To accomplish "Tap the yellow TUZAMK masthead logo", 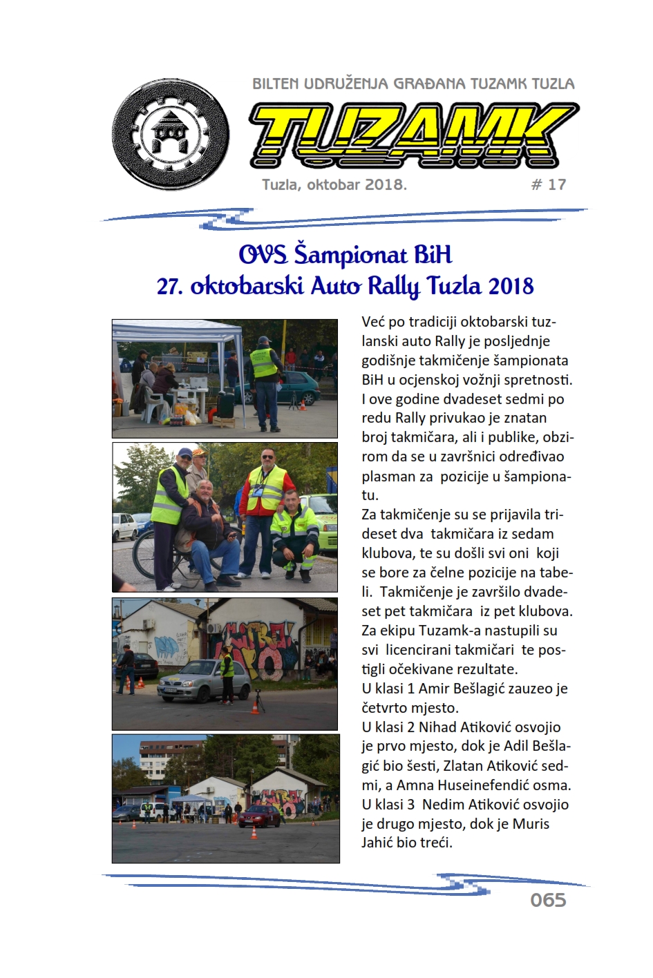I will click(x=413, y=135).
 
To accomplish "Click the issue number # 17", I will click(x=549, y=184).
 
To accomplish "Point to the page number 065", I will click(x=548, y=900).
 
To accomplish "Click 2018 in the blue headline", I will click(x=511, y=285).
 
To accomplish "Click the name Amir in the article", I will click(x=434, y=689).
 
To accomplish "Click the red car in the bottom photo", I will click(x=259, y=816).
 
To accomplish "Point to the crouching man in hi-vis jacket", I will click(x=294, y=532).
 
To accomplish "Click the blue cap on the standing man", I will click(x=184, y=452).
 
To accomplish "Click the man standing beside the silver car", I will click(x=227, y=674).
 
